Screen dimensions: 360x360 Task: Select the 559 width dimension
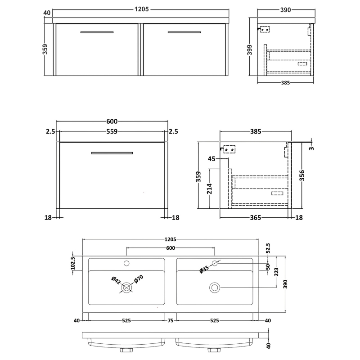click(112, 131)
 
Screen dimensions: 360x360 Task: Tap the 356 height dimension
click(302, 175)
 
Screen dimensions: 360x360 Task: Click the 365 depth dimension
click(255, 218)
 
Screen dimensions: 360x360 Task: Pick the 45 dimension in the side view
click(212, 159)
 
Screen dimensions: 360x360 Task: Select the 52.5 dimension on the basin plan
click(269, 247)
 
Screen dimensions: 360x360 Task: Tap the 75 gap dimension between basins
click(171, 321)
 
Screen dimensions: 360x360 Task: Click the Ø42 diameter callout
click(115, 280)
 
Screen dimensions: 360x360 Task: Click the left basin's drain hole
click(126, 287)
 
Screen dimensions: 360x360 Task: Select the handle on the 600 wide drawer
click(112, 153)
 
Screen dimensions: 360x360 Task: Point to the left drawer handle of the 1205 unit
click(97, 32)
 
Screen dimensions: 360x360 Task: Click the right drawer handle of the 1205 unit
click(184, 32)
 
